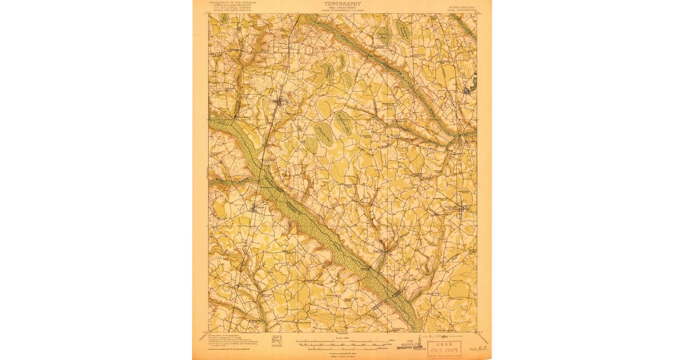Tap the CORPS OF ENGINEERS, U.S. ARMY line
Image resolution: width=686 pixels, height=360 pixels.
342,10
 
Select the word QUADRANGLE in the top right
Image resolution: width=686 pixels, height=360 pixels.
466,9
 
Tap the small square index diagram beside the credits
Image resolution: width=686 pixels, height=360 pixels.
277,342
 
